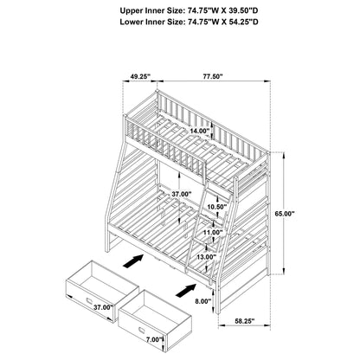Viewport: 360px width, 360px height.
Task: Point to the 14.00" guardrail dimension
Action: (200, 131)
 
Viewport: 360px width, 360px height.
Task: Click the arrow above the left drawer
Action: (131, 258)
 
